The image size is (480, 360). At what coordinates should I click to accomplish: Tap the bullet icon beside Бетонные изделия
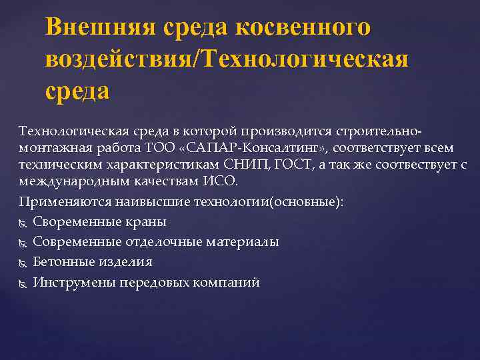click(24, 262)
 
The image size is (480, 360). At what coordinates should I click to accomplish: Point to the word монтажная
click(50, 145)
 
